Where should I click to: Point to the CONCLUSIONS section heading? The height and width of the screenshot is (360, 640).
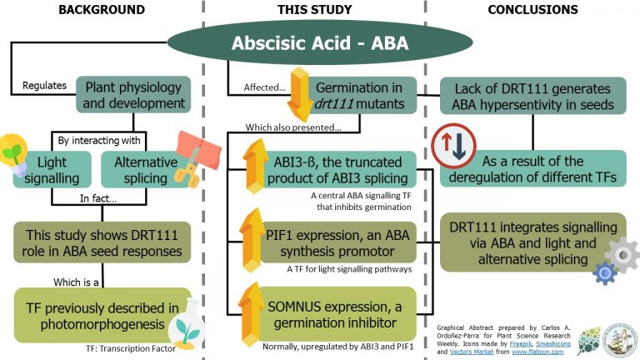(533, 10)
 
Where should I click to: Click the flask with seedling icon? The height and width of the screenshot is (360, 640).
(185, 327)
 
